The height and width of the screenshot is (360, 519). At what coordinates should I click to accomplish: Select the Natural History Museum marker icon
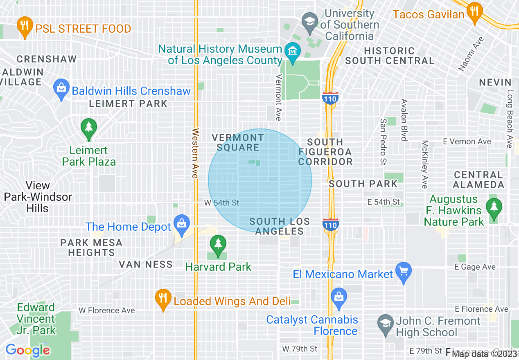[293, 52]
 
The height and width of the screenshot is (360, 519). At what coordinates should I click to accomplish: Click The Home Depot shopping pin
[181, 225]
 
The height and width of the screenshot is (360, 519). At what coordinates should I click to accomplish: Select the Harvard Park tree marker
[218, 245]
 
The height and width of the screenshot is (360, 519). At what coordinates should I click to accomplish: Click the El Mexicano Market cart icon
[404, 272]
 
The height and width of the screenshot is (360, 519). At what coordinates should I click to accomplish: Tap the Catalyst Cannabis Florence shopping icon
[338, 297]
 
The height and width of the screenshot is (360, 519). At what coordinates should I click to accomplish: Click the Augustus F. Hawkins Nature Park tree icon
[494, 208]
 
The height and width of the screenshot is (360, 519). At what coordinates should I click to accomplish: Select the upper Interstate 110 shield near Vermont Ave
[330, 99]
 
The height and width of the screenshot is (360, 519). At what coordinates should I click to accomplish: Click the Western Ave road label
[195, 153]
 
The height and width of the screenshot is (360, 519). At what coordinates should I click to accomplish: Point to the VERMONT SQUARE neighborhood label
[238, 142]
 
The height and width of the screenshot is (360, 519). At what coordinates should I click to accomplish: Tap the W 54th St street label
[221, 203]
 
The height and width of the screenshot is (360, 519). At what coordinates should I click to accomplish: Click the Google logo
[27, 350]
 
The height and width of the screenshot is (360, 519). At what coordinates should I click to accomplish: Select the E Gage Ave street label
[475, 267]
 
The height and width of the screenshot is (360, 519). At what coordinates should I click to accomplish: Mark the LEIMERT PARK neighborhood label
[128, 103]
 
